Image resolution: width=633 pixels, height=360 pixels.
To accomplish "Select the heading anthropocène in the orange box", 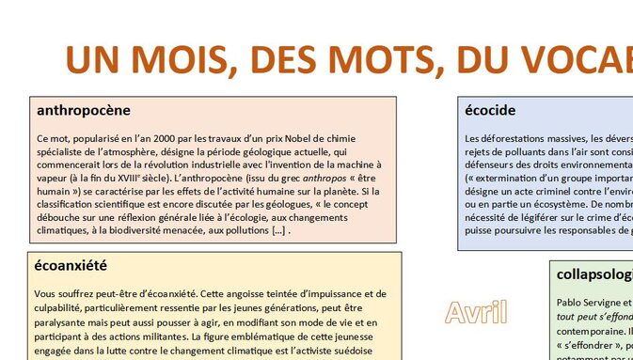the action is point(83,111).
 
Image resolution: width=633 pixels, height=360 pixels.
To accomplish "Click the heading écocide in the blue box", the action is point(490,111).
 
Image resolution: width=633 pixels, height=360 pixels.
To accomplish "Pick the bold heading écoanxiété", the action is point(71,265).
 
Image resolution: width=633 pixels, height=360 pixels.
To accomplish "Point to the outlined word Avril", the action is point(477,311).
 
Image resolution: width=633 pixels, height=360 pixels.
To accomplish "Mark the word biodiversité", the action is point(159,230).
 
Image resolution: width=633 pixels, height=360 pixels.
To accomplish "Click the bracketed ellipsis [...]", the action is point(278,230).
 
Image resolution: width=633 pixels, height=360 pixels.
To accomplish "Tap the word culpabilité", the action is point(61,306).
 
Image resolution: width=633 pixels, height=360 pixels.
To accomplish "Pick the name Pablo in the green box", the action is point(571,303).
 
